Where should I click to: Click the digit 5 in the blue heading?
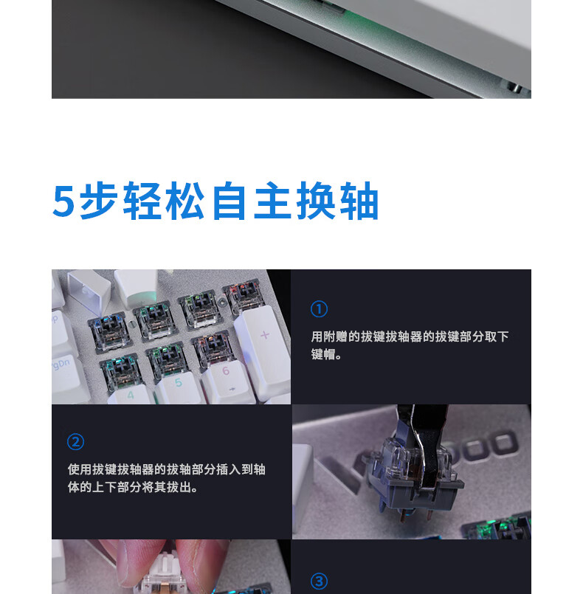[x=63, y=201]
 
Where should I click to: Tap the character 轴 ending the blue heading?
[x=359, y=201]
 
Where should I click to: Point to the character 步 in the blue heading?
[x=97, y=201]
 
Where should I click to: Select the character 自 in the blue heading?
[x=229, y=201]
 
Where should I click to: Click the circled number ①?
[x=319, y=309]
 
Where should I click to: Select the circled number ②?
[x=75, y=442]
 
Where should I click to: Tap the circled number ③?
[x=319, y=581]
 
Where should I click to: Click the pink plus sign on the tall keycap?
[x=265, y=335]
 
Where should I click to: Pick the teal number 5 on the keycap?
[x=179, y=383]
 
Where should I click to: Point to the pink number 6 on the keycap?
[x=226, y=370]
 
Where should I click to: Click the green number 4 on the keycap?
[x=131, y=395]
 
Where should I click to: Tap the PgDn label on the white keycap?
[x=60, y=365]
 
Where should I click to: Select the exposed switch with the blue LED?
[x=108, y=332]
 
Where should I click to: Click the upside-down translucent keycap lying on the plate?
[x=89, y=287]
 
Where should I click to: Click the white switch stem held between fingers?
[x=165, y=568]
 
